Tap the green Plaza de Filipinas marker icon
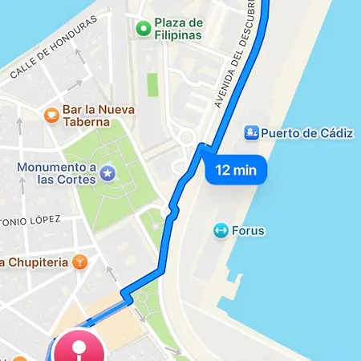pyautogui.click(x=144, y=30)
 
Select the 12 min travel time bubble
pyautogui.click(x=235, y=170)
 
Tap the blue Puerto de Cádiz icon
pyautogui.click(x=250, y=132)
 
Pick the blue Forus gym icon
pyautogui.click(x=219, y=231)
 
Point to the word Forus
pyautogui.click(x=249, y=231)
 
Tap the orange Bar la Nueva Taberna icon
pyautogui.click(x=52, y=115)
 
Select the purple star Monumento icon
pyautogui.click(x=107, y=172)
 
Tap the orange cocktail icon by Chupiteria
pyautogui.click(x=79, y=262)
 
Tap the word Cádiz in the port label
pyautogui.click(x=334, y=132)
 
